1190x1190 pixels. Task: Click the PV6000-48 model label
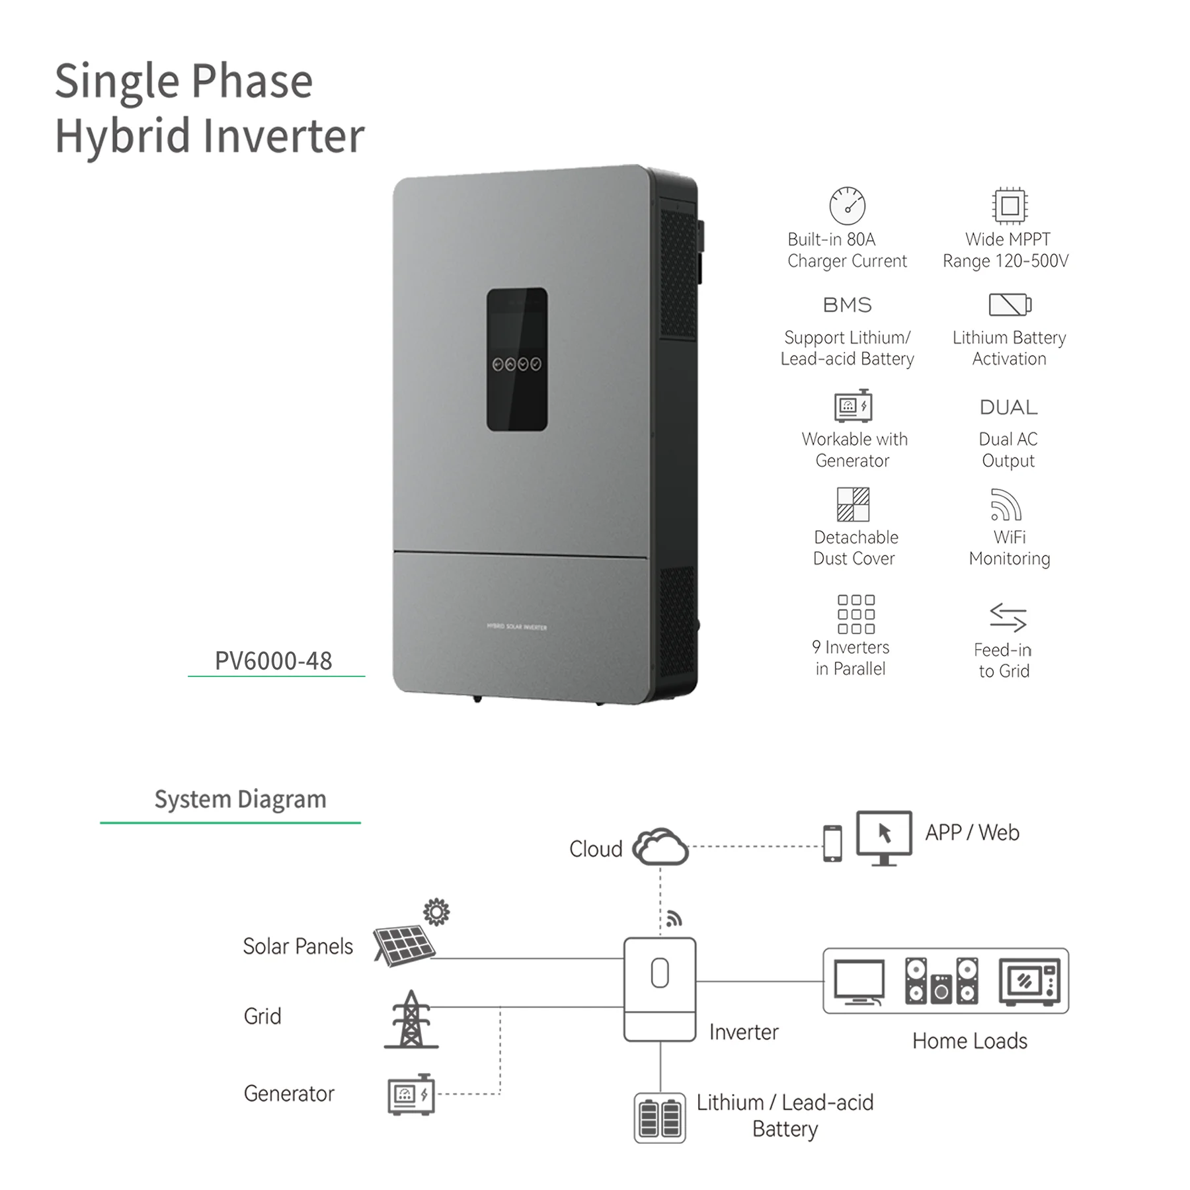[273, 660]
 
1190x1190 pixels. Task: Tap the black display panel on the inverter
[517, 359]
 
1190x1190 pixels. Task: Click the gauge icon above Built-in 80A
[847, 205]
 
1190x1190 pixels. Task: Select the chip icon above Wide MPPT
[1010, 206]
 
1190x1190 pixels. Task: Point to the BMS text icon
[847, 305]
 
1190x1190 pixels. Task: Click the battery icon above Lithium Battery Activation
[1010, 305]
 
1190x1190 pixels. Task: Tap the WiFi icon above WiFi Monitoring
[1006, 505]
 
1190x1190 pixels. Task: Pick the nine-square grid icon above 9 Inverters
[856, 614]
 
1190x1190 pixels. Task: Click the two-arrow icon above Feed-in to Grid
[1008, 617]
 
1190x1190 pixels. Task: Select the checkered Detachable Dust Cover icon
[853, 504]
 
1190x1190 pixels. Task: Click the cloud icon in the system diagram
[660, 846]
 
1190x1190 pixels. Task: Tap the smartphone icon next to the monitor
[832, 844]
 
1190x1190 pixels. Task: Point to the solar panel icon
[404, 945]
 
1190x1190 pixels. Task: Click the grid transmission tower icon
[411, 1019]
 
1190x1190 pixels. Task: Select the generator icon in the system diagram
[411, 1095]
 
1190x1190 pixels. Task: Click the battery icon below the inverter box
[660, 1118]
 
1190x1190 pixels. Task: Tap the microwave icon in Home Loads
[1029, 982]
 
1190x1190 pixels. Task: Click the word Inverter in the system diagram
[744, 1032]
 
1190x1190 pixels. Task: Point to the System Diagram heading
[240, 799]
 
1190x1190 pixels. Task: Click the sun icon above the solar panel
[436, 912]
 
